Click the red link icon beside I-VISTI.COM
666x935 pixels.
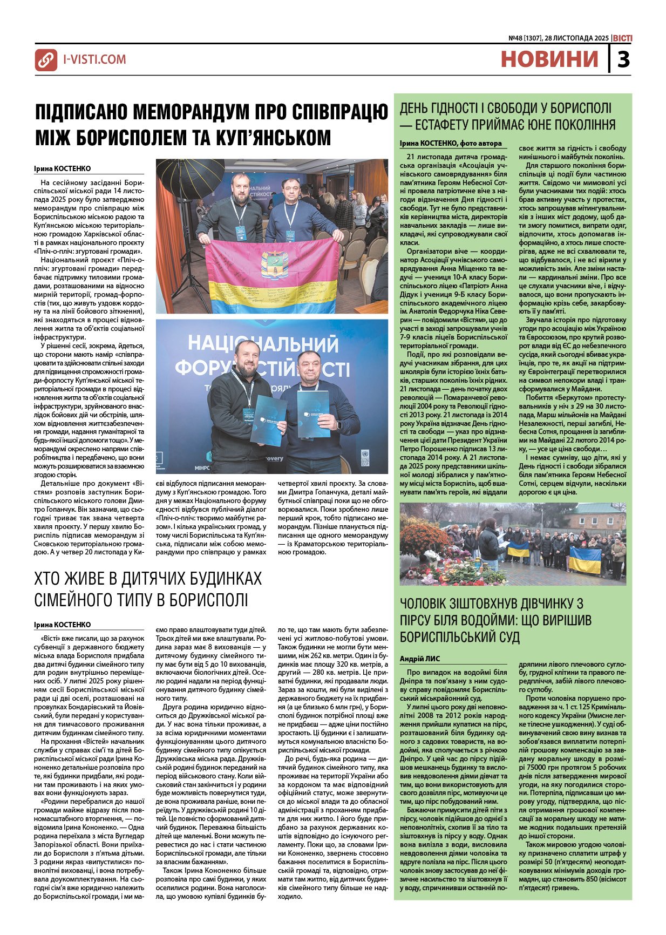click(46, 60)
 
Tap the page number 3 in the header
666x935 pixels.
click(623, 59)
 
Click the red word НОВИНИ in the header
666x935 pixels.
click(549, 59)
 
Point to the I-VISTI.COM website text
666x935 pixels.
click(94, 59)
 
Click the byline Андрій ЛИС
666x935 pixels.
click(420, 659)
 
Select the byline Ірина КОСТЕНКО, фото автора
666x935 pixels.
click(451, 143)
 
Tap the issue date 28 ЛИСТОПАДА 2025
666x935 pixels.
click(576, 38)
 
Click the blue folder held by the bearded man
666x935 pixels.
click(268, 420)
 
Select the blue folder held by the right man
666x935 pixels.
click(313, 414)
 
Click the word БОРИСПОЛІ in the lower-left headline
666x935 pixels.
click(202, 600)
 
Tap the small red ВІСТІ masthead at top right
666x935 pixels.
click(622, 38)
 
